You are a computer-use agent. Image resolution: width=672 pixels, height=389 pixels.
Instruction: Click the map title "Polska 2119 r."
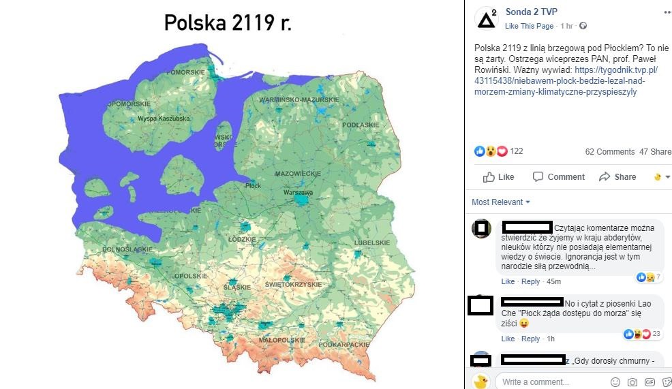point(228,22)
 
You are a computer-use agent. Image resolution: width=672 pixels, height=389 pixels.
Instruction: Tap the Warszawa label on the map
point(297,193)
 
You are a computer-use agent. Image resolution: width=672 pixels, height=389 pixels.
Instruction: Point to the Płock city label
point(253,185)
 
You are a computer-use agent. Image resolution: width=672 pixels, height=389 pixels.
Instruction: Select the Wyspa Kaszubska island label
point(164,119)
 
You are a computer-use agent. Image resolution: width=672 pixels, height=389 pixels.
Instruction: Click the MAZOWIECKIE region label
point(298,174)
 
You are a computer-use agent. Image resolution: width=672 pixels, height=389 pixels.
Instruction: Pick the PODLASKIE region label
point(361,125)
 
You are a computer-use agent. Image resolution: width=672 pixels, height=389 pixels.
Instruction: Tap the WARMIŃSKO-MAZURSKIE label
point(299,100)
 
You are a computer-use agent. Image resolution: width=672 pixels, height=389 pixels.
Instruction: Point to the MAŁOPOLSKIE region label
point(281,339)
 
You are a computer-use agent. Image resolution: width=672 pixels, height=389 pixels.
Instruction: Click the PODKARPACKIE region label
point(348,345)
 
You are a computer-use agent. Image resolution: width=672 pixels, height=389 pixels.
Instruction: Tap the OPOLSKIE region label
point(191,276)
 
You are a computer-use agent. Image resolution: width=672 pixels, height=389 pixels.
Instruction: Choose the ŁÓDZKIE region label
point(242,240)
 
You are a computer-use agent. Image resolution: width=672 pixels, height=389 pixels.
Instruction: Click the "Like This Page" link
point(529,26)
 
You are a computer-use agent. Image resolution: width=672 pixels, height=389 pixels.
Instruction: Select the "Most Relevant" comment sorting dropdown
point(500,202)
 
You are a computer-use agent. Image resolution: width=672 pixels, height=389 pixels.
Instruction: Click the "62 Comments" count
point(609,151)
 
